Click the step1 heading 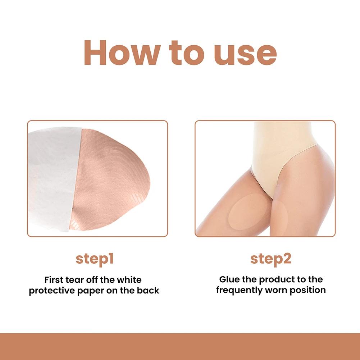(94, 259)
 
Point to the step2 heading (271, 259)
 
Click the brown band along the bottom (180, 347)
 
